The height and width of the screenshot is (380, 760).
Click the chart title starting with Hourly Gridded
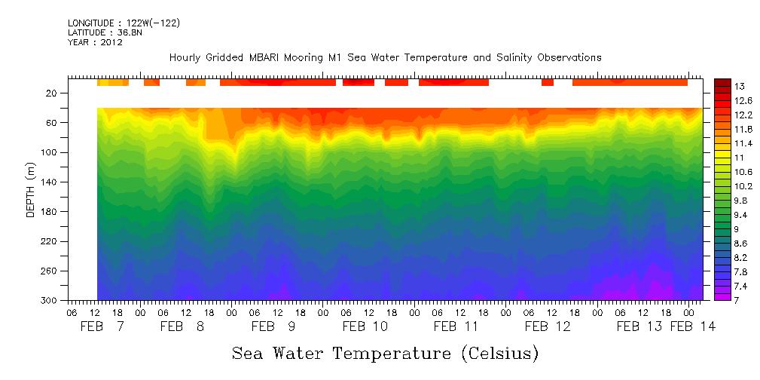point(385,57)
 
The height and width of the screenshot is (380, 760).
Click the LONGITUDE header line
point(124,23)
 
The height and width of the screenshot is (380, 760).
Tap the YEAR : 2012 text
point(95,42)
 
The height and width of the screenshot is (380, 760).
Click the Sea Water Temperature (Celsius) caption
point(385,353)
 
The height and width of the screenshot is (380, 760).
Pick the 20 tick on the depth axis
point(53,93)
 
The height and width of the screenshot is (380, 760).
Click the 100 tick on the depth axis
point(50,152)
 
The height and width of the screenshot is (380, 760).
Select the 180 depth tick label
point(50,212)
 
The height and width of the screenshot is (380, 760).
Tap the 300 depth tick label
point(50,300)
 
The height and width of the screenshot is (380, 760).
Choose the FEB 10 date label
point(365,326)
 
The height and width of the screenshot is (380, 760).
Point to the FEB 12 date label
point(548,326)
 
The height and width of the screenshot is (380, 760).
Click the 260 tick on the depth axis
point(50,271)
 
